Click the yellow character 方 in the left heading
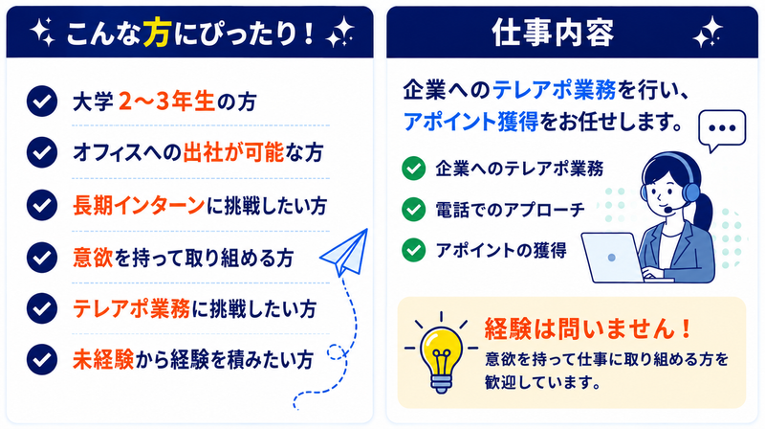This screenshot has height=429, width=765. [157, 33]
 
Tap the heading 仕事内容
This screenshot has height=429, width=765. [553, 33]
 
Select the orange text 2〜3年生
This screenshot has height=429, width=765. [166, 102]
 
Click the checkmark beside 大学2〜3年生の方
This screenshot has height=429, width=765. [42, 102]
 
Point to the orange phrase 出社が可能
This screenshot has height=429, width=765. [233, 152]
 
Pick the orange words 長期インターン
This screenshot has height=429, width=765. [139, 205]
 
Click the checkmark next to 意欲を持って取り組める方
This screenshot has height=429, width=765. [42, 257]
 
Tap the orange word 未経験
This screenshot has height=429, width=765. [103, 360]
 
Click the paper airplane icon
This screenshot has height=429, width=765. [345, 253]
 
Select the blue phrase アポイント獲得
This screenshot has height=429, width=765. [470, 122]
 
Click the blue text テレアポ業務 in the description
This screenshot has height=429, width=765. [555, 90]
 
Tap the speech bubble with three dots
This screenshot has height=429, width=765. [722, 130]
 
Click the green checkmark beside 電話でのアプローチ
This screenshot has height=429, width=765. [414, 209]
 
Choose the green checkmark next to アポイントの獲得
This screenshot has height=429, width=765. [414, 250]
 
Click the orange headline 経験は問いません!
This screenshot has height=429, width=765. [588, 328]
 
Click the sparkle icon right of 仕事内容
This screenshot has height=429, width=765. [708, 33]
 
